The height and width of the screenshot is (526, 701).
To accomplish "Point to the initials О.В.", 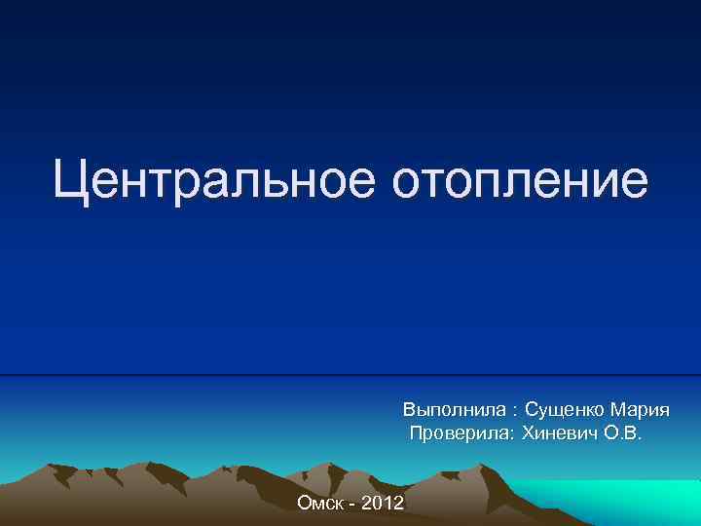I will point(622,432).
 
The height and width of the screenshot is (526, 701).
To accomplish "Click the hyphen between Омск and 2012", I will point(351,504).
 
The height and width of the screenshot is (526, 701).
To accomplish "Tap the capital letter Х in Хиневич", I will point(530,432).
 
